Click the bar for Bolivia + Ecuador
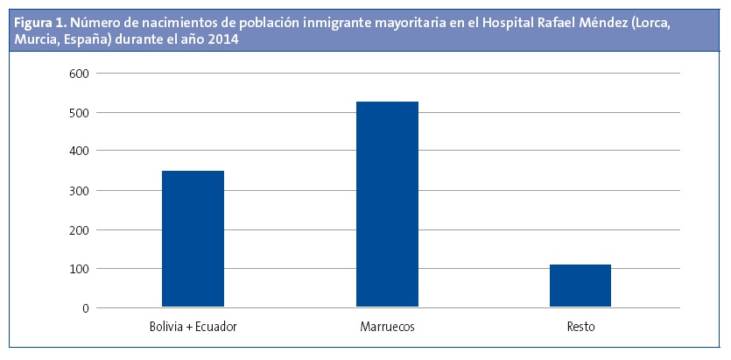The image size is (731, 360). coord(193,238)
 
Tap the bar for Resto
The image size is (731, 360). coord(580,286)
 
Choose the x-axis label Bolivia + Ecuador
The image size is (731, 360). coord(193,328)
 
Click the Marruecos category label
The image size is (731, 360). coord(387,328)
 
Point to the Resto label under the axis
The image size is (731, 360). coord(580,328)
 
